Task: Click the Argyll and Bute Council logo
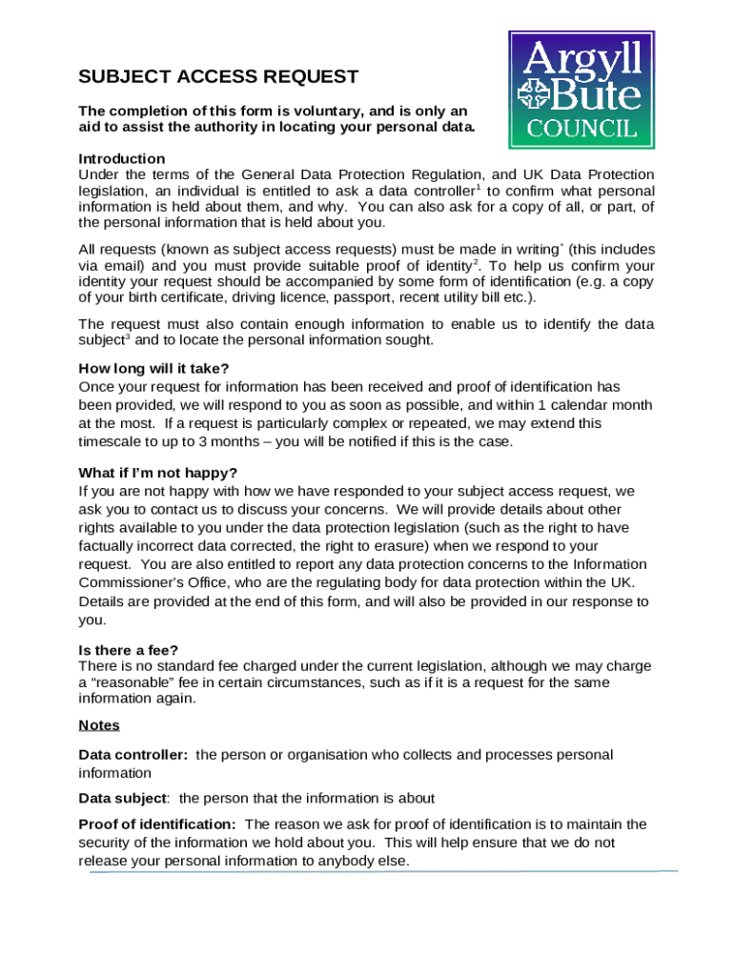581,90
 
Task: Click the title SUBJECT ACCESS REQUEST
218,77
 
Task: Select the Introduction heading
121,158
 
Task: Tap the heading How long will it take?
153,369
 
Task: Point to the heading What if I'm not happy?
157,474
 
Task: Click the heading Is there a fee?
128,650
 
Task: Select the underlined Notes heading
98,725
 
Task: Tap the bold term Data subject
123,798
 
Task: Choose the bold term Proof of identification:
156,824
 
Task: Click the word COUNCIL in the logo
581,128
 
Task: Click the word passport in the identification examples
378,297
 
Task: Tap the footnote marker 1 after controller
477,187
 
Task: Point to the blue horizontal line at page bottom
381,871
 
